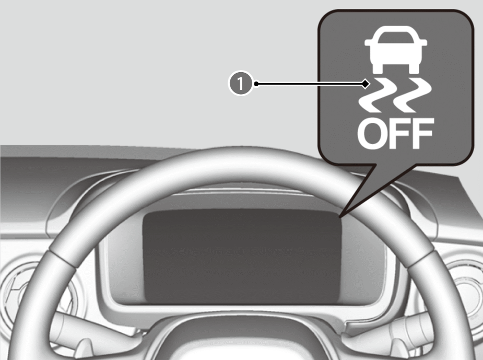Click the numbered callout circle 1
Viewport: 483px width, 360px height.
click(240, 84)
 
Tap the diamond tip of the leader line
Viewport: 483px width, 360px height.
click(366, 84)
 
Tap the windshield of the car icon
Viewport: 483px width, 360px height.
click(396, 37)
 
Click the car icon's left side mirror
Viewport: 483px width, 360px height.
click(368, 43)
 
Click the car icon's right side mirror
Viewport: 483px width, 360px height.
click(423, 43)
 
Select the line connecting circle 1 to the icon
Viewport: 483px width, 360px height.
click(308, 84)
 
